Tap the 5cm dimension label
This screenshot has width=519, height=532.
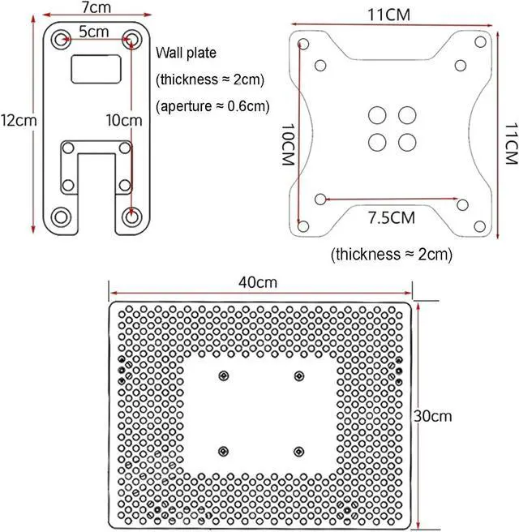click(93, 32)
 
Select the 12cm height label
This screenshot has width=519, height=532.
click(18, 119)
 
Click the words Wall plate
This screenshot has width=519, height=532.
click(186, 54)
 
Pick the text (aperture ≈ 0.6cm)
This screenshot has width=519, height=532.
click(212, 106)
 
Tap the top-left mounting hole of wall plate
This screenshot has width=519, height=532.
click(62, 37)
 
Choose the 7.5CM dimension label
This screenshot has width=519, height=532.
click(392, 218)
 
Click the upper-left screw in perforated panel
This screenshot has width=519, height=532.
click(222, 375)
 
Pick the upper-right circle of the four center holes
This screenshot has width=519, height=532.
click(407, 114)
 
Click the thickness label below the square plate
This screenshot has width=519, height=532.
click(392, 255)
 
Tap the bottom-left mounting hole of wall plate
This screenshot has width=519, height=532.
click(62, 216)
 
